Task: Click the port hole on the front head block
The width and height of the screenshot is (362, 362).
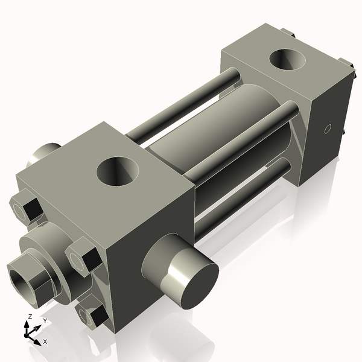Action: pos(118,171)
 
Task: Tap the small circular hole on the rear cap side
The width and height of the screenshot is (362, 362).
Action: pos(328,129)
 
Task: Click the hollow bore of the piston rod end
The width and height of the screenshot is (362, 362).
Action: pos(22,277)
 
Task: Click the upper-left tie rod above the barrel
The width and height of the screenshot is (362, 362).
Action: pos(181,103)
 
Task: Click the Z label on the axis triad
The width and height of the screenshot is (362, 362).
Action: pos(30,316)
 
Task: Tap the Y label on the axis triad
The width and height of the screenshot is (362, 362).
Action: pos(44,320)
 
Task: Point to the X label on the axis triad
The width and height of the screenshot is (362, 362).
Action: pos(45,341)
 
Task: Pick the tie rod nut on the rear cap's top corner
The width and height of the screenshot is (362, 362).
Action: pos(287,33)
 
